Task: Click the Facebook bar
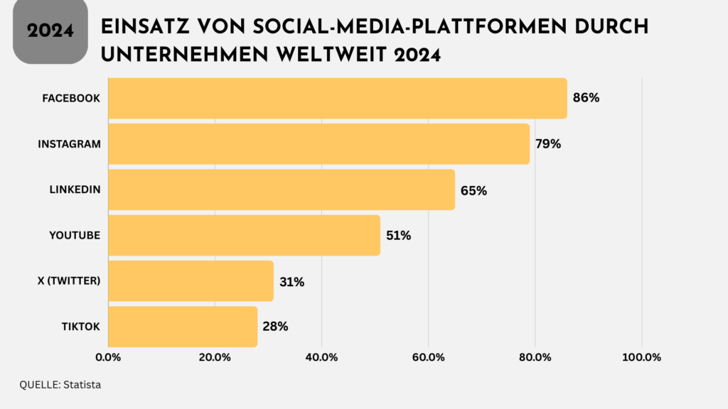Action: click(337, 98)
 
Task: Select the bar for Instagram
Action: click(318, 144)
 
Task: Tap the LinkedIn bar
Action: click(281, 190)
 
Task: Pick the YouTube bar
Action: click(244, 235)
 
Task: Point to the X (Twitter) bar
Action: click(191, 281)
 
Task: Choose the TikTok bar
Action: click(182, 327)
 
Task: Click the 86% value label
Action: click(586, 98)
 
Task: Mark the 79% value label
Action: click(548, 144)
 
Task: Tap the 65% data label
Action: click(473, 190)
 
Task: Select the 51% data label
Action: click(398, 236)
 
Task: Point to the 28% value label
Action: click(275, 327)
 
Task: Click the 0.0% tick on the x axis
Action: click(108, 357)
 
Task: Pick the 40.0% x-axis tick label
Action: click(321, 357)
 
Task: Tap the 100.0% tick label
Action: click(642, 357)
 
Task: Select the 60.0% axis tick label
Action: click(428, 357)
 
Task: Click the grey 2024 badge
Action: click(50, 31)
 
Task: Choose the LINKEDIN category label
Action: click(75, 190)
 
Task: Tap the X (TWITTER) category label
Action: click(70, 281)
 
